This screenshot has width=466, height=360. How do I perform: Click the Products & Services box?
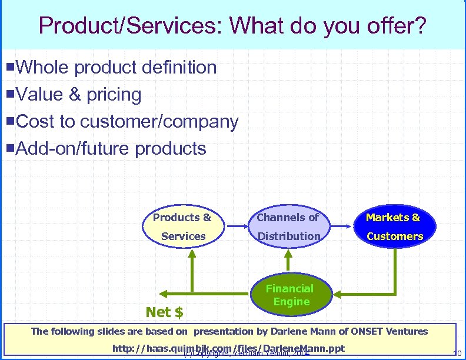182,226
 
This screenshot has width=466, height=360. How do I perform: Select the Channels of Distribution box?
288,226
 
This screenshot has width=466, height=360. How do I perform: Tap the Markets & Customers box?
394,226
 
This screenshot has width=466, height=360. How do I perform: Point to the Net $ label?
164,312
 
